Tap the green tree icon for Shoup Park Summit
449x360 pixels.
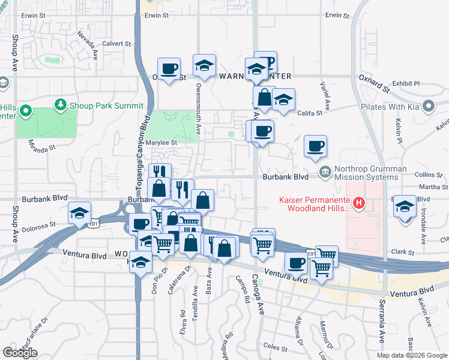(60, 106)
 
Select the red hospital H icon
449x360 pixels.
(358, 203)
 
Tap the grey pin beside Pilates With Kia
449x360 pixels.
(428, 107)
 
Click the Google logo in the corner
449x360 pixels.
(20, 353)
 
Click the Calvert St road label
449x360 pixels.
(116, 44)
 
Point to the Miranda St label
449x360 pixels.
(41, 145)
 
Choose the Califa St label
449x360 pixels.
(310, 112)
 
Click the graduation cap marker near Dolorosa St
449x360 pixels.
(79, 213)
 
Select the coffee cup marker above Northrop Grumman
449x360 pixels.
(315, 146)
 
